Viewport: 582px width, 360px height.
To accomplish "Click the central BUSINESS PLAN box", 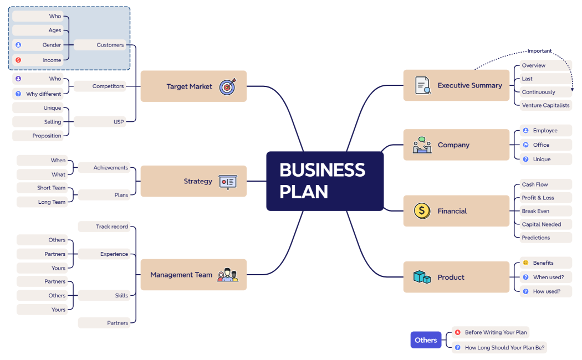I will click(325, 181).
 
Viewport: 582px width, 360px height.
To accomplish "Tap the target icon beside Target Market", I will click(228, 86).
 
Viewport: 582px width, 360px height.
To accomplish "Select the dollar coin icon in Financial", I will click(422, 211).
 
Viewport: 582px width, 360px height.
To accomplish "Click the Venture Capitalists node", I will click(545, 105).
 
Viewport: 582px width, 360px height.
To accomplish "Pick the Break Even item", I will click(536, 211).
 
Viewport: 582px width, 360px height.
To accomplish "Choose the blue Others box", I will click(426, 340).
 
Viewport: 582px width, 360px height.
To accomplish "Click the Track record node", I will click(111, 227).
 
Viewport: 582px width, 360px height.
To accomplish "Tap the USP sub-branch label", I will click(119, 122).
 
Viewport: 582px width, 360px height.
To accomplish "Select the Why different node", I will click(43, 94).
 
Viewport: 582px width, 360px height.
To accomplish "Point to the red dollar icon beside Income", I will click(18, 60).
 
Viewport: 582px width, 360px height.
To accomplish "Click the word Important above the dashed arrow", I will click(539, 51).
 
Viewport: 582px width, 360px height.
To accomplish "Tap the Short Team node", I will click(51, 188).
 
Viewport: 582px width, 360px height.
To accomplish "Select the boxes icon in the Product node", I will click(422, 277).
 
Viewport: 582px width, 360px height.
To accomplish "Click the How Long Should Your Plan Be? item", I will click(504, 348).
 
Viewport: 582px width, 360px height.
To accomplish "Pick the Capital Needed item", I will click(542, 224).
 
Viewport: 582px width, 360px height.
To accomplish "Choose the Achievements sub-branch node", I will click(110, 167).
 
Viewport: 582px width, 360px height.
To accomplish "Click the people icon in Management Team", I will click(228, 275).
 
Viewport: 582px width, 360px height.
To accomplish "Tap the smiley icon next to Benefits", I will click(525, 263).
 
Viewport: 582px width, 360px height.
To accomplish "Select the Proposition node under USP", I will click(47, 136).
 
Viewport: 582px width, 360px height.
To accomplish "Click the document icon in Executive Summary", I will click(423, 86).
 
